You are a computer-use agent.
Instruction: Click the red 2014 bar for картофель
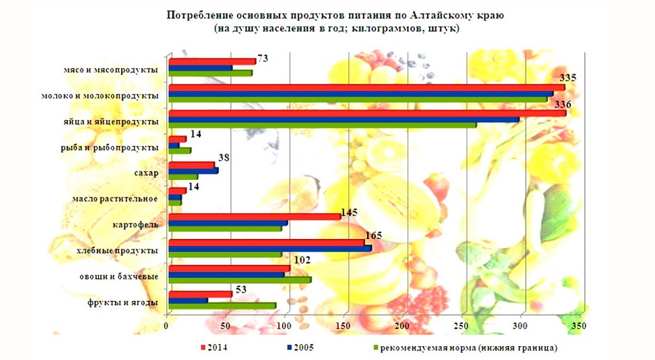[x=254, y=217]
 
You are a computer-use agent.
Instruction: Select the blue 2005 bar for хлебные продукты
[x=270, y=248]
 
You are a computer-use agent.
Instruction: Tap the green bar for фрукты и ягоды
[x=222, y=306]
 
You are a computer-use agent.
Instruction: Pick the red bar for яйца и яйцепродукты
[x=367, y=113]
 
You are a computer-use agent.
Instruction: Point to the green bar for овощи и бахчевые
[x=239, y=279]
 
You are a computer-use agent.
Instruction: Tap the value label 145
[x=350, y=211]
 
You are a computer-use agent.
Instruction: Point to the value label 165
[x=374, y=237]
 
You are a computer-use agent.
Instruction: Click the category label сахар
[x=145, y=173]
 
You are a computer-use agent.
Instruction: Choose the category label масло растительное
[x=115, y=199]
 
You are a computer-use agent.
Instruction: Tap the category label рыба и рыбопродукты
[x=111, y=147]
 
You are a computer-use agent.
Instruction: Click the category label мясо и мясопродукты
[x=110, y=70]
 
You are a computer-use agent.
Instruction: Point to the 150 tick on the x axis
[x=343, y=326]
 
